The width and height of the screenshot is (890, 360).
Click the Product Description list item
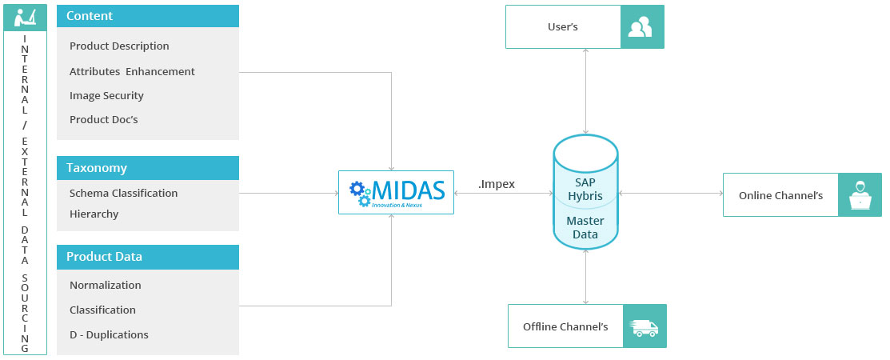tap(119, 46)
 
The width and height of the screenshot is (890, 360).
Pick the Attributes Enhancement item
tap(132, 71)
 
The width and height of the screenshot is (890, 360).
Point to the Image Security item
tap(106, 95)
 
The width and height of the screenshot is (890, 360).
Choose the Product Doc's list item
tap(104, 119)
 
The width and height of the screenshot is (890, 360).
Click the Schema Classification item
tap(123, 193)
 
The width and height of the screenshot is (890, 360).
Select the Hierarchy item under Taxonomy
tap(94, 214)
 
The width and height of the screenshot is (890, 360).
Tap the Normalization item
tap(105, 285)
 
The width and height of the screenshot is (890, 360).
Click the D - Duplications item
tap(109, 334)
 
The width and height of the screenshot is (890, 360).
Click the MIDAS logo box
tap(396, 192)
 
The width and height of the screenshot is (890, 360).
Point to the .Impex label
tap(496, 184)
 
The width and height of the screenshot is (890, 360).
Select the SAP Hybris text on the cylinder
tap(585, 189)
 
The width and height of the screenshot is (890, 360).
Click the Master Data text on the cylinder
tap(585, 227)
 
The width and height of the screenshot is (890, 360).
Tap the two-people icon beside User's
tap(641, 28)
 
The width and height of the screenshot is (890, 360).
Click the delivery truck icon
tap(645, 326)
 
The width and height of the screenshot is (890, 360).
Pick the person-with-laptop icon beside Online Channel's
tap(860, 195)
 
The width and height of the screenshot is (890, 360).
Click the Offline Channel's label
tap(565, 326)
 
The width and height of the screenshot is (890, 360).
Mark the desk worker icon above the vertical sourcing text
tap(25, 16)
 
